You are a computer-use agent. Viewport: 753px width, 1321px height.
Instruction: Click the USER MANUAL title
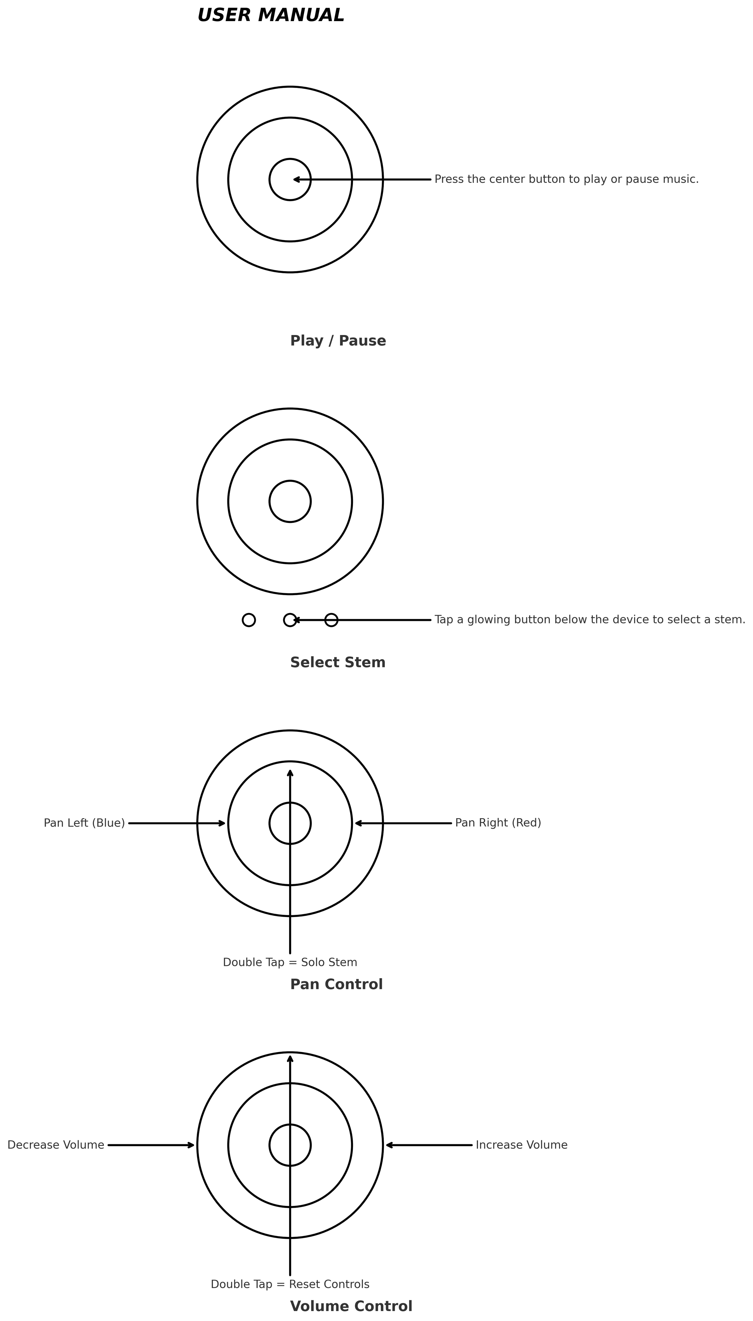270,16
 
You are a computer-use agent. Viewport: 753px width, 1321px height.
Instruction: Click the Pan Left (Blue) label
84,823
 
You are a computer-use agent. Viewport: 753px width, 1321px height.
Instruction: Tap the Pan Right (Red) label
498,823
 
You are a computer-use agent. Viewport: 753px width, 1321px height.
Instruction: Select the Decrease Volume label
56,1145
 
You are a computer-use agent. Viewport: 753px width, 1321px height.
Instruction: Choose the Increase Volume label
521,1145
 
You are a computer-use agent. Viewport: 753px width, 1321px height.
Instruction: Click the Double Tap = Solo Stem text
290,963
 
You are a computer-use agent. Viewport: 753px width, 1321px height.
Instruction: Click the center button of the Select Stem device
290,501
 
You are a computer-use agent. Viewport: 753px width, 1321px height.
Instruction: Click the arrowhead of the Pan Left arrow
222,823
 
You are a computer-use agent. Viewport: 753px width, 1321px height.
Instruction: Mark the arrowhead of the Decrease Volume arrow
191,1145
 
